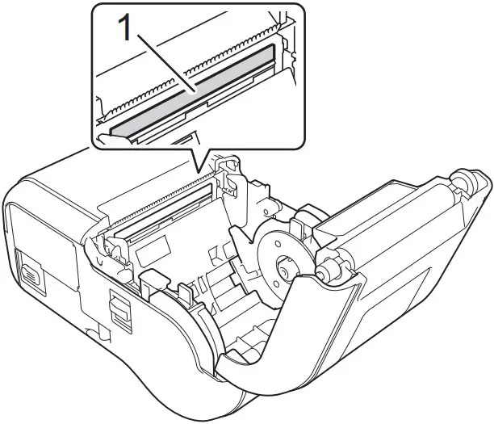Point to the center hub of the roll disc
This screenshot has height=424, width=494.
(x=285, y=266)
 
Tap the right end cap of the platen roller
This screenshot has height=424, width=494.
(x=465, y=183)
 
